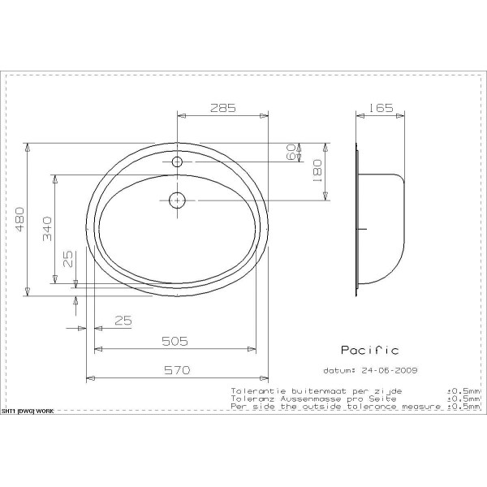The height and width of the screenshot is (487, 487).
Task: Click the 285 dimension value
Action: [223, 106]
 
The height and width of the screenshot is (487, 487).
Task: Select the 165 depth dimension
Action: [380, 106]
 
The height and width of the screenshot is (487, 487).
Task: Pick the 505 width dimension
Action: [175, 341]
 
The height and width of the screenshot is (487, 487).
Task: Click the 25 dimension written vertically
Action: [68, 259]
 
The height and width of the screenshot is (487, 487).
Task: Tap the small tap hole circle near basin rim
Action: [176, 162]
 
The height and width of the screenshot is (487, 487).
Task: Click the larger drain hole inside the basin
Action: [176, 199]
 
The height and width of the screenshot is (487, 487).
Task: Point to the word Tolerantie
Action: [252, 390]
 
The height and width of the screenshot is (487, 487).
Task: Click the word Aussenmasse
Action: [308, 399]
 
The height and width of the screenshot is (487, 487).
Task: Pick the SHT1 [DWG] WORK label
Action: [28, 412]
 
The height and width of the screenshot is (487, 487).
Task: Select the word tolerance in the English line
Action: [349, 407]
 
